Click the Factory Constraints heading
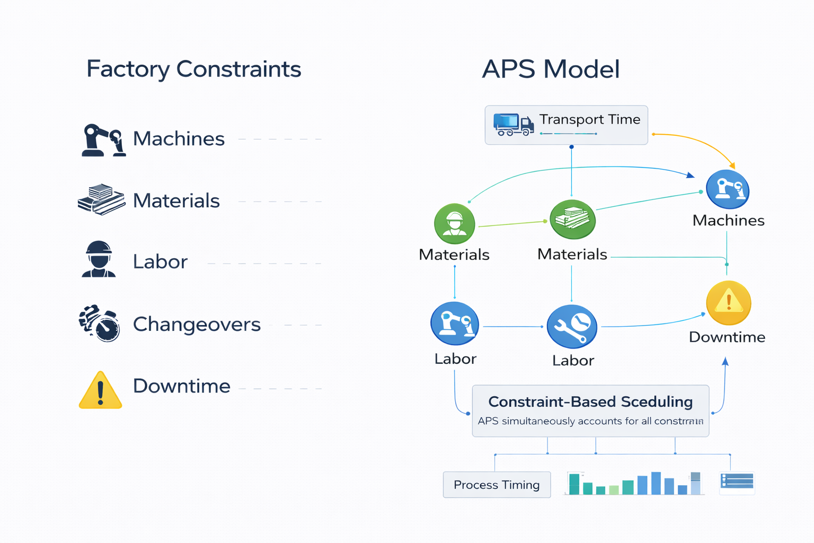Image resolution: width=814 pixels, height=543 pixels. pos(193,69)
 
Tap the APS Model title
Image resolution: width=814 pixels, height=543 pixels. pos(551,69)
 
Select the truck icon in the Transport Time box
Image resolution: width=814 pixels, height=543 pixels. pos(512,125)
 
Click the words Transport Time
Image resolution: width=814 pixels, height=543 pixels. pos(589,119)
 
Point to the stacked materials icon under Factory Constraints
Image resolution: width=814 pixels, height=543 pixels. pos(101,200)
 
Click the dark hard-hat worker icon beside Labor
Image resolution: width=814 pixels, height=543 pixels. pos(99,260)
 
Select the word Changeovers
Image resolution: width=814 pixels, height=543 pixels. pos(197,324)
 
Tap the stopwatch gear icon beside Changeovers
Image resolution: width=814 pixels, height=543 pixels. pos(100,323)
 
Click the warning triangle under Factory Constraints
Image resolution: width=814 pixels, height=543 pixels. pos(100,390)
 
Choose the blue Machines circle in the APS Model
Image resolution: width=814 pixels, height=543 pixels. pos(728,190)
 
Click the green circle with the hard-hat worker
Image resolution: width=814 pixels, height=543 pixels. pos(454,223)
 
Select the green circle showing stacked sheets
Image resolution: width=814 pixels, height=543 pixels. pos(572,220)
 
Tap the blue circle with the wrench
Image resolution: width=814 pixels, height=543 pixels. pos(572,327)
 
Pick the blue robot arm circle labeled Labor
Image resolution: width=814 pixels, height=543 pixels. pos(455,323)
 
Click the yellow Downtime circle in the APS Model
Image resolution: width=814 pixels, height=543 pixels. pos(729,303)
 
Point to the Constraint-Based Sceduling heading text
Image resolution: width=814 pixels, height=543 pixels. pos(590,401)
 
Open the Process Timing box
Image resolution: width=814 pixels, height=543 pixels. pos(497,485)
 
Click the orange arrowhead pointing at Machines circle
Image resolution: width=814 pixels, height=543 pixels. pos(732,166)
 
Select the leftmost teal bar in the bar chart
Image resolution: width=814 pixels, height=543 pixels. pos(574,484)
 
